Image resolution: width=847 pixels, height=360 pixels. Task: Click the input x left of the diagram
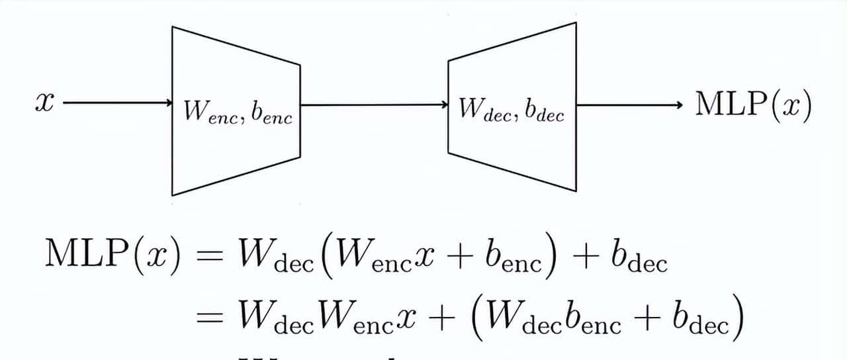(43, 104)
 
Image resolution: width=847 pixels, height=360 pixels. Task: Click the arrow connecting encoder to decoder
(374, 104)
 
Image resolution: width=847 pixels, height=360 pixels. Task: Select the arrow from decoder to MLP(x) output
(629, 105)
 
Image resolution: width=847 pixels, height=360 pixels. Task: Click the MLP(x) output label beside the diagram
(752, 105)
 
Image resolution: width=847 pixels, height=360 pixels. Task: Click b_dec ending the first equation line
(639, 256)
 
